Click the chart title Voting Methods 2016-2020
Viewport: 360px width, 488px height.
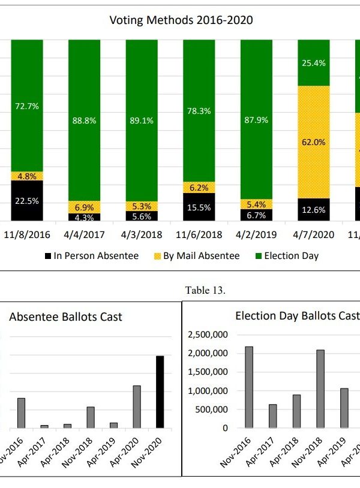coord(181,20)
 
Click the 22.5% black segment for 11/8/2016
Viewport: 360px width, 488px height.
coord(26,201)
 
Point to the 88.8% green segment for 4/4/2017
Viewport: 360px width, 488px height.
coord(84,120)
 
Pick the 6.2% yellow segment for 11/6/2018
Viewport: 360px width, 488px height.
coord(199,187)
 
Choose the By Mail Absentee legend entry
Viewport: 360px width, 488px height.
coord(196,256)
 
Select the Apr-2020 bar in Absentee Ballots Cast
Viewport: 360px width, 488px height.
coord(137,406)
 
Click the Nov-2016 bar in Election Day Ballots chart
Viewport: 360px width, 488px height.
coord(250,387)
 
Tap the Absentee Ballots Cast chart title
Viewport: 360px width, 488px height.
coord(65,317)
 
